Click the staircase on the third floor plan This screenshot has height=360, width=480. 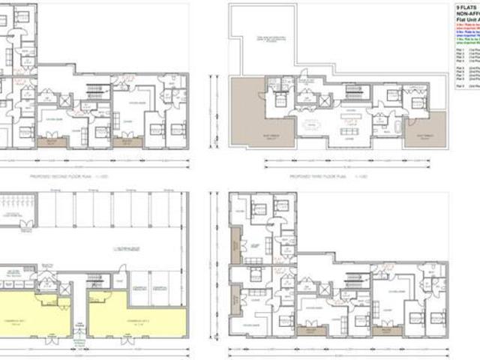352,93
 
